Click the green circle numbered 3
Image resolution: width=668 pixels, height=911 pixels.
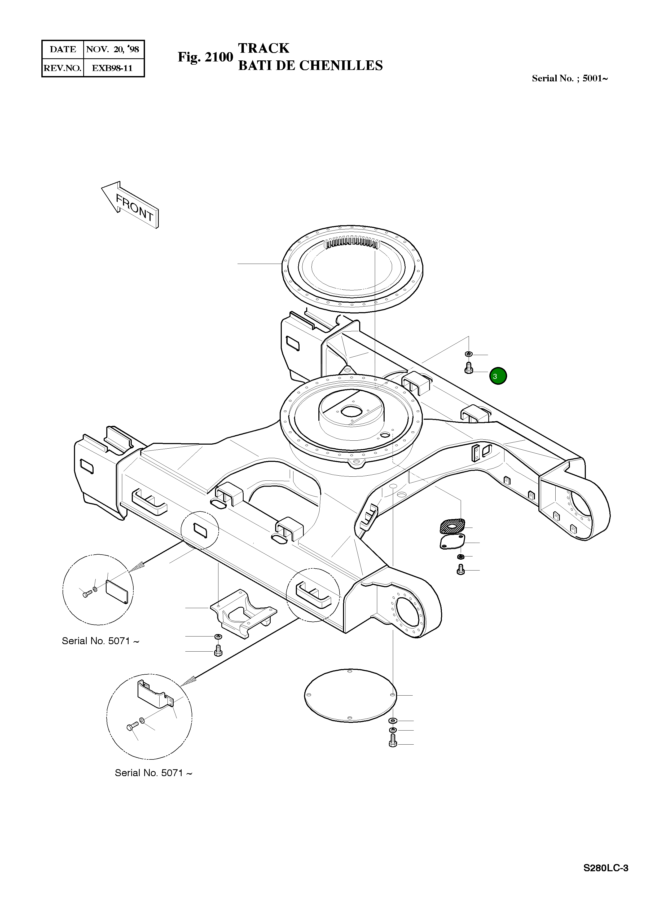[498, 376]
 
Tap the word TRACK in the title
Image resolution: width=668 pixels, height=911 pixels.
[264, 48]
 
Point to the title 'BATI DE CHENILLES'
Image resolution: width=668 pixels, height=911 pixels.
[310, 65]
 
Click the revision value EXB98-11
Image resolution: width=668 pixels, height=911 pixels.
[112, 68]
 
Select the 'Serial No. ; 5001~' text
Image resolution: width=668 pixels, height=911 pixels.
[569, 78]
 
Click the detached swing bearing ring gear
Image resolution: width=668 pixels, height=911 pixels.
[352, 269]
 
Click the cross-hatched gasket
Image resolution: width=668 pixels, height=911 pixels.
[452, 526]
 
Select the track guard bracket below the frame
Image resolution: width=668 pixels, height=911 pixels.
[243, 613]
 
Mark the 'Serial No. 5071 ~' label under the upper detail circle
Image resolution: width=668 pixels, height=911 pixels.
[100, 641]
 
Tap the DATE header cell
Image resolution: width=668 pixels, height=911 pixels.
[63, 49]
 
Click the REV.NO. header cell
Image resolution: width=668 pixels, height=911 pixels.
[63, 68]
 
